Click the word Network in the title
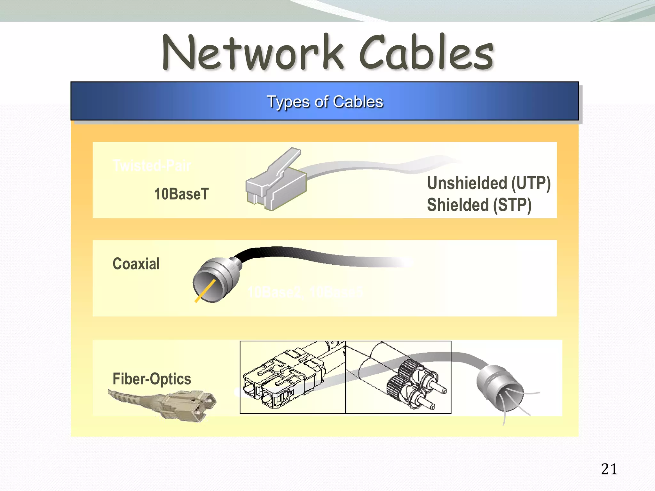[253, 53]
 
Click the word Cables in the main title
[427, 53]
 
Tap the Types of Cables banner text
[325, 102]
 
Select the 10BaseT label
[181, 194]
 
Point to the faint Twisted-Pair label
[152, 166]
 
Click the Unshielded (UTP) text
[489, 183]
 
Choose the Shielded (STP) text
[479, 205]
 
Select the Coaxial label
[136, 264]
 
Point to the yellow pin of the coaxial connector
[205, 291]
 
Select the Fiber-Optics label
[152, 379]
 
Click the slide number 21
[609, 469]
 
